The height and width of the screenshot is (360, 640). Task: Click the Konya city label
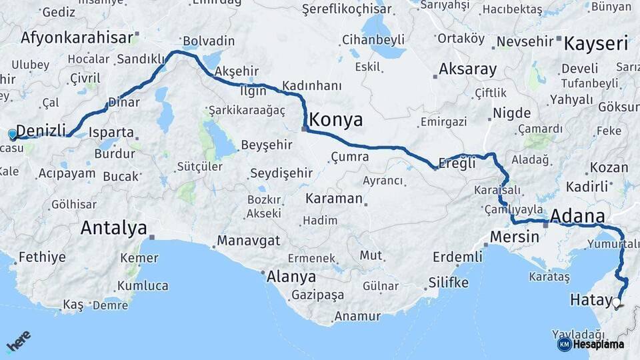pos(336,120)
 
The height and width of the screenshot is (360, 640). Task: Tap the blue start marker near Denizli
pos(12,135)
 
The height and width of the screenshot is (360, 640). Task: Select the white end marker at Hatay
pos(617,303)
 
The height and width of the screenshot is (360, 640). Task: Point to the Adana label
pos(578,217)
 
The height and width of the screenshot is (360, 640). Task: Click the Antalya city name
pos(113,228)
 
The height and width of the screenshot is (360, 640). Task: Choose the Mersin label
pos(514,237)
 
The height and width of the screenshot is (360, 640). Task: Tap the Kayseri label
pos(596,45)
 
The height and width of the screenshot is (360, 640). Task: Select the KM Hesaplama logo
pos(591,344)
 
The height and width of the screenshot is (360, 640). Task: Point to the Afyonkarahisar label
pos(77,37)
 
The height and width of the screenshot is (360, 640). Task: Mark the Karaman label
pos(333,199)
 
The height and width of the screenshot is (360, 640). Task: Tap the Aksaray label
pos(468,69)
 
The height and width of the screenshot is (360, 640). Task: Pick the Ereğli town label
pos(458,163)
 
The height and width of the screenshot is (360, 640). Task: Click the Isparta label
pos(111,132)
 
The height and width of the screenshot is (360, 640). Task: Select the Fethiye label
pos(42,257)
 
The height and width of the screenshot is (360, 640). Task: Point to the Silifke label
pos(449,282)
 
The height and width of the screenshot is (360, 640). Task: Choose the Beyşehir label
pos(267,145)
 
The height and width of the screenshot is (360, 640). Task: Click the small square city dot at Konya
pos(304,129)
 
